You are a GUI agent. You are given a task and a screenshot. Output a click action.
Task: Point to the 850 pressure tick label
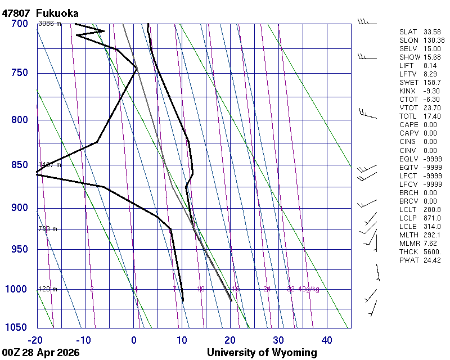pyautogui.click(x=20, y=165)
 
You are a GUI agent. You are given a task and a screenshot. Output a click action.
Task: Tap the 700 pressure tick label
pyautogui.click(x=20, y=24)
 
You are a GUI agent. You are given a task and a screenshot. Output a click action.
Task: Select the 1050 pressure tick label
pyautogui.click(x=17, y=328)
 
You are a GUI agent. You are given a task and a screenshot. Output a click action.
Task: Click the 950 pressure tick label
pyautogui.click(x=20, y=249)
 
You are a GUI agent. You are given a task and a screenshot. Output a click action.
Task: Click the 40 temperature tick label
pyautogui.click(x=327, y=340)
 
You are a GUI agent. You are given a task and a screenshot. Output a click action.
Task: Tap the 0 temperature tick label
pyautogui.click(x=134, y=340)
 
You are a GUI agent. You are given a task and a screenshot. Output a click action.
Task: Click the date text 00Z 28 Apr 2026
pyautogui.click(x=40, y=353)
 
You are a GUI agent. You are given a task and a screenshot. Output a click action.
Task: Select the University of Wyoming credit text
pyautogui.click(x=262, y=353)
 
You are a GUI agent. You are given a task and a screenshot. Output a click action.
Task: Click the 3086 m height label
pyautogui.click(x=49, y=24)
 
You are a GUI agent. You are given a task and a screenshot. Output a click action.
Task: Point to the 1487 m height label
pyautogui.click(x=49, y=165)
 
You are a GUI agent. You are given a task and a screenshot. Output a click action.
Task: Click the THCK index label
pyautogui.click(x=408, y=252)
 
